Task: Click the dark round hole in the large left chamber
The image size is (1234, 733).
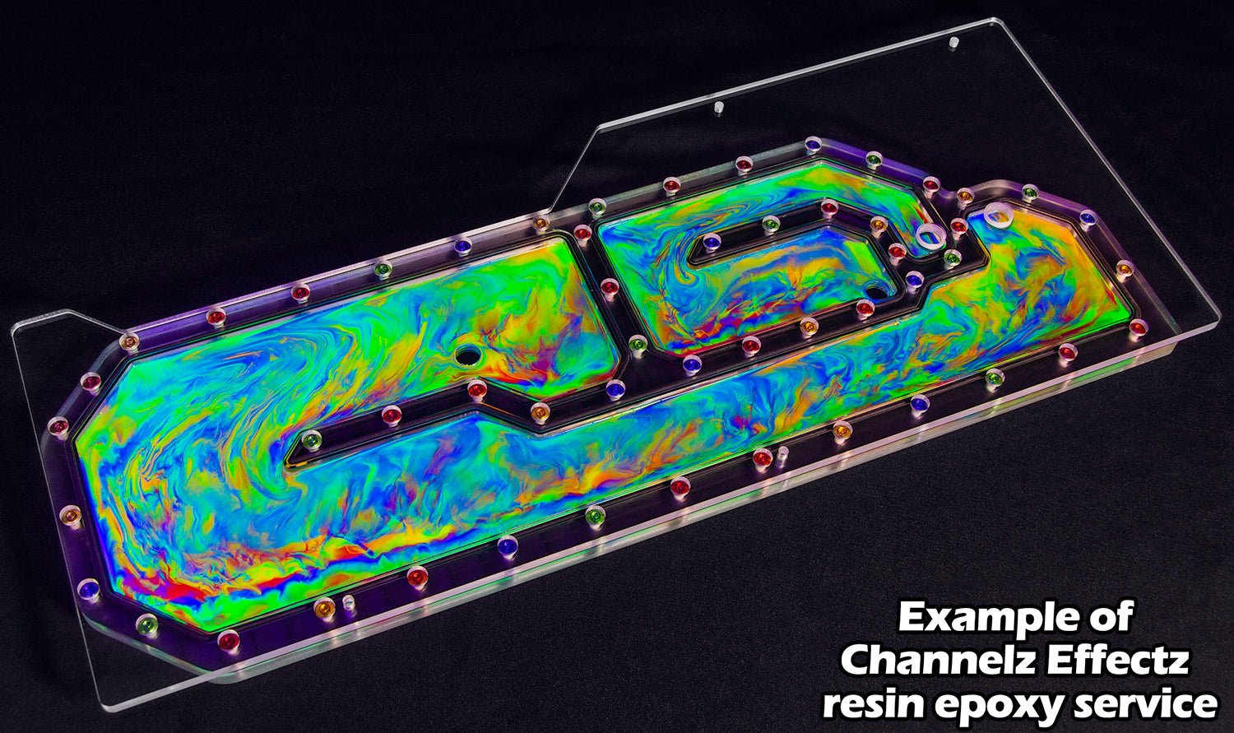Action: coord(468,355)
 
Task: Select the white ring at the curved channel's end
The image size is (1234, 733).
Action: coord(930,236)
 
